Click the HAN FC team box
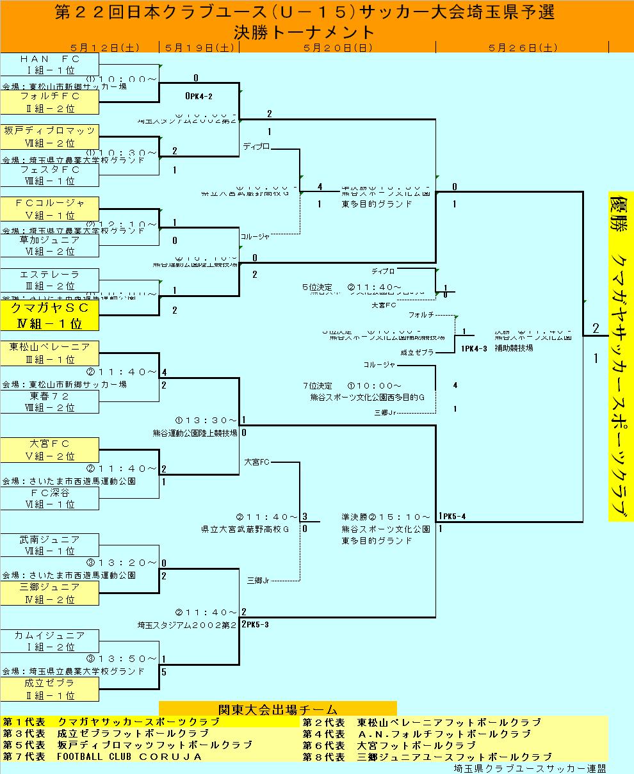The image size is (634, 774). [x=50, y=65]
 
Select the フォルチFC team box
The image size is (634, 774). [x=50, y=102]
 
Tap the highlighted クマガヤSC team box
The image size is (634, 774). [x=50, y=316]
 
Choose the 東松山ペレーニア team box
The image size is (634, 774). [x=50, y=353]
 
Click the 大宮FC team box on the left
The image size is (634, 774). [x=50, y=449]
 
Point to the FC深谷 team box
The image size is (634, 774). [x=50, y=498]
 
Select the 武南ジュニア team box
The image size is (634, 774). [x=50, y=545]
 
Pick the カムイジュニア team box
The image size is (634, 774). [x=50, y=641]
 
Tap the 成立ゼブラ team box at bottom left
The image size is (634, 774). [x=50, y=689]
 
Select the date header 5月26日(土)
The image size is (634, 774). [x=522, y=47]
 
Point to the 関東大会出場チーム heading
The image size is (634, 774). [x=277, y=709]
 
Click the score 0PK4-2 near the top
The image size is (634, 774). [x=199, y=96]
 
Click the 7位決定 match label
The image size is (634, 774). [x=318, y=386]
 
